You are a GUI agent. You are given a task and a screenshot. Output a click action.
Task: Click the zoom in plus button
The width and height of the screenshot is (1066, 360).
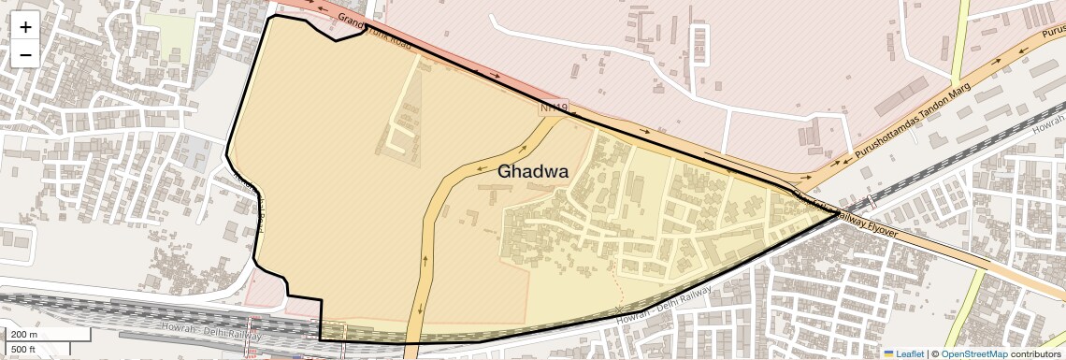(25, 27)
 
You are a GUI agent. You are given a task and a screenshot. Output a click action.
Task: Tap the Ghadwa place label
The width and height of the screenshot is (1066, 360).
(533, 171)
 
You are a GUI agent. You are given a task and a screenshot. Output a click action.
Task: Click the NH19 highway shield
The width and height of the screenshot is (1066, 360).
(554, 108)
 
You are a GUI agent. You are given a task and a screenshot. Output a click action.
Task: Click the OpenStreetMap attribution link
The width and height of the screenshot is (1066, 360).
(973, 353)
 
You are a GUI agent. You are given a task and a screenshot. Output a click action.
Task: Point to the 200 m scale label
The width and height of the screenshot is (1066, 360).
(23, 334)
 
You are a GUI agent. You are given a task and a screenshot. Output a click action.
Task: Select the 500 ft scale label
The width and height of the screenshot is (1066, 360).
(23, 349)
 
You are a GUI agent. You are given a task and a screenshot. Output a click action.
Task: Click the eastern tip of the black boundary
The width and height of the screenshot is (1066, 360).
(838, 214)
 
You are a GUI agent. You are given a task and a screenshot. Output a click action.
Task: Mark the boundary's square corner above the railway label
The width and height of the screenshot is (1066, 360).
(321, 300)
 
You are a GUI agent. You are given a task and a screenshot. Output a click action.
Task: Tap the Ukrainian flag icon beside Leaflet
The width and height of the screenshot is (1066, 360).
(888, 353)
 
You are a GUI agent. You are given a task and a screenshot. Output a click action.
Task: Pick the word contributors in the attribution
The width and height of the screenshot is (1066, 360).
(1035, 353)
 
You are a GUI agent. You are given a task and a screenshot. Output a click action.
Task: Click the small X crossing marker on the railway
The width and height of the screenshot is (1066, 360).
(617, 309)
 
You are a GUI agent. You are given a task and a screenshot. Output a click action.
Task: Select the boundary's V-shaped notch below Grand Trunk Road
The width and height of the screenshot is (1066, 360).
(336, 40)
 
